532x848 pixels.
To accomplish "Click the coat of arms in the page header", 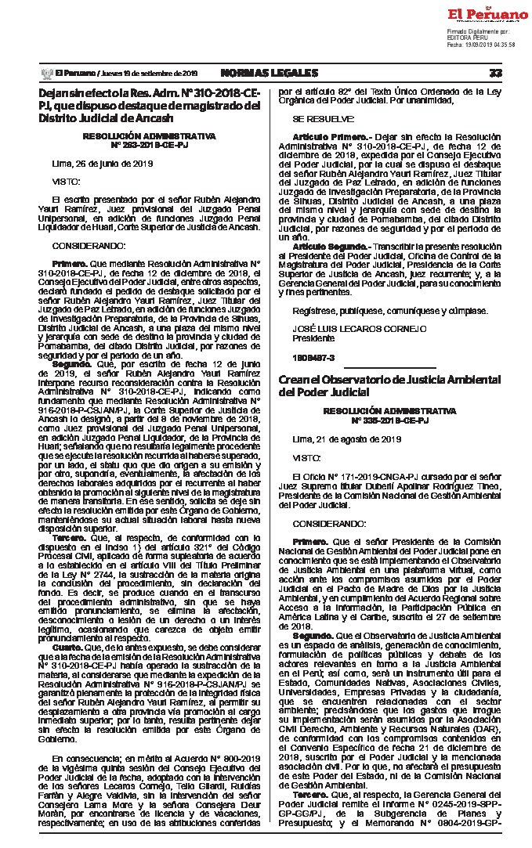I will click(46, 73).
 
